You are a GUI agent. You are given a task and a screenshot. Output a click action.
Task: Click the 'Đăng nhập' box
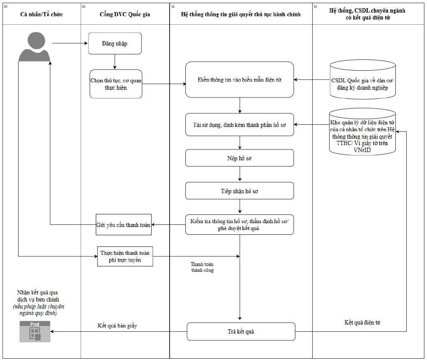115,44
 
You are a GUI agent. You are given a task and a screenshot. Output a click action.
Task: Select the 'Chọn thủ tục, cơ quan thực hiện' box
116,84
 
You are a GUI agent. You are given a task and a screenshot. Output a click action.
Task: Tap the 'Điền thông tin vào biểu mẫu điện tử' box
239,80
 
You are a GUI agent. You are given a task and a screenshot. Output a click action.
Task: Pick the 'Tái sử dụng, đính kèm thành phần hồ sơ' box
239,125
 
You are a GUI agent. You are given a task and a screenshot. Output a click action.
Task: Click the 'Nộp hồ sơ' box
239,158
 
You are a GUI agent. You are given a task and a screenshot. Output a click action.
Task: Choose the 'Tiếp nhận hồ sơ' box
239,191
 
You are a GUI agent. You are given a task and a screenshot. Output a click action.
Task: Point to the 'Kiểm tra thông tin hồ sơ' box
239,225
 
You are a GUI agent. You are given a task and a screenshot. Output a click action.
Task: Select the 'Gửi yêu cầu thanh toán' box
123,225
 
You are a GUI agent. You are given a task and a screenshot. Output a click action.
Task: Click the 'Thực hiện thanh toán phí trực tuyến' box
125,256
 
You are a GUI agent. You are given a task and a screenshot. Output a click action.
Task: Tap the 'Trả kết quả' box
241,331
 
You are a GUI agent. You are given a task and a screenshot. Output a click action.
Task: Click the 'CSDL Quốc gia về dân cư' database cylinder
362,80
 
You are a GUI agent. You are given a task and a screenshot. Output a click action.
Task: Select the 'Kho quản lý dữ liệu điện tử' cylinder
362,132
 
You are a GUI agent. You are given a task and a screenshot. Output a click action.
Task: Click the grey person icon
34,47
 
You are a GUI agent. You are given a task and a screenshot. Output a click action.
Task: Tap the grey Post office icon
35,331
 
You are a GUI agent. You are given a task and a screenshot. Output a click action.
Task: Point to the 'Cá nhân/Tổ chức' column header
42,14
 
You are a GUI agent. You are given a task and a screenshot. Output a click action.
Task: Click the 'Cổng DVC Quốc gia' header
125,14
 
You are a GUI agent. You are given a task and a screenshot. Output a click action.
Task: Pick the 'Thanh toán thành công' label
202,267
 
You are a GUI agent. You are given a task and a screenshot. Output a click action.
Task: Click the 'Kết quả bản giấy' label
117,326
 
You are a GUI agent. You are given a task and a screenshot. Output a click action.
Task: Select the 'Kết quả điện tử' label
362,323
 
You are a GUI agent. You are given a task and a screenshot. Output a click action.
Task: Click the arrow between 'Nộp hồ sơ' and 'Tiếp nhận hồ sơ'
239,174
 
